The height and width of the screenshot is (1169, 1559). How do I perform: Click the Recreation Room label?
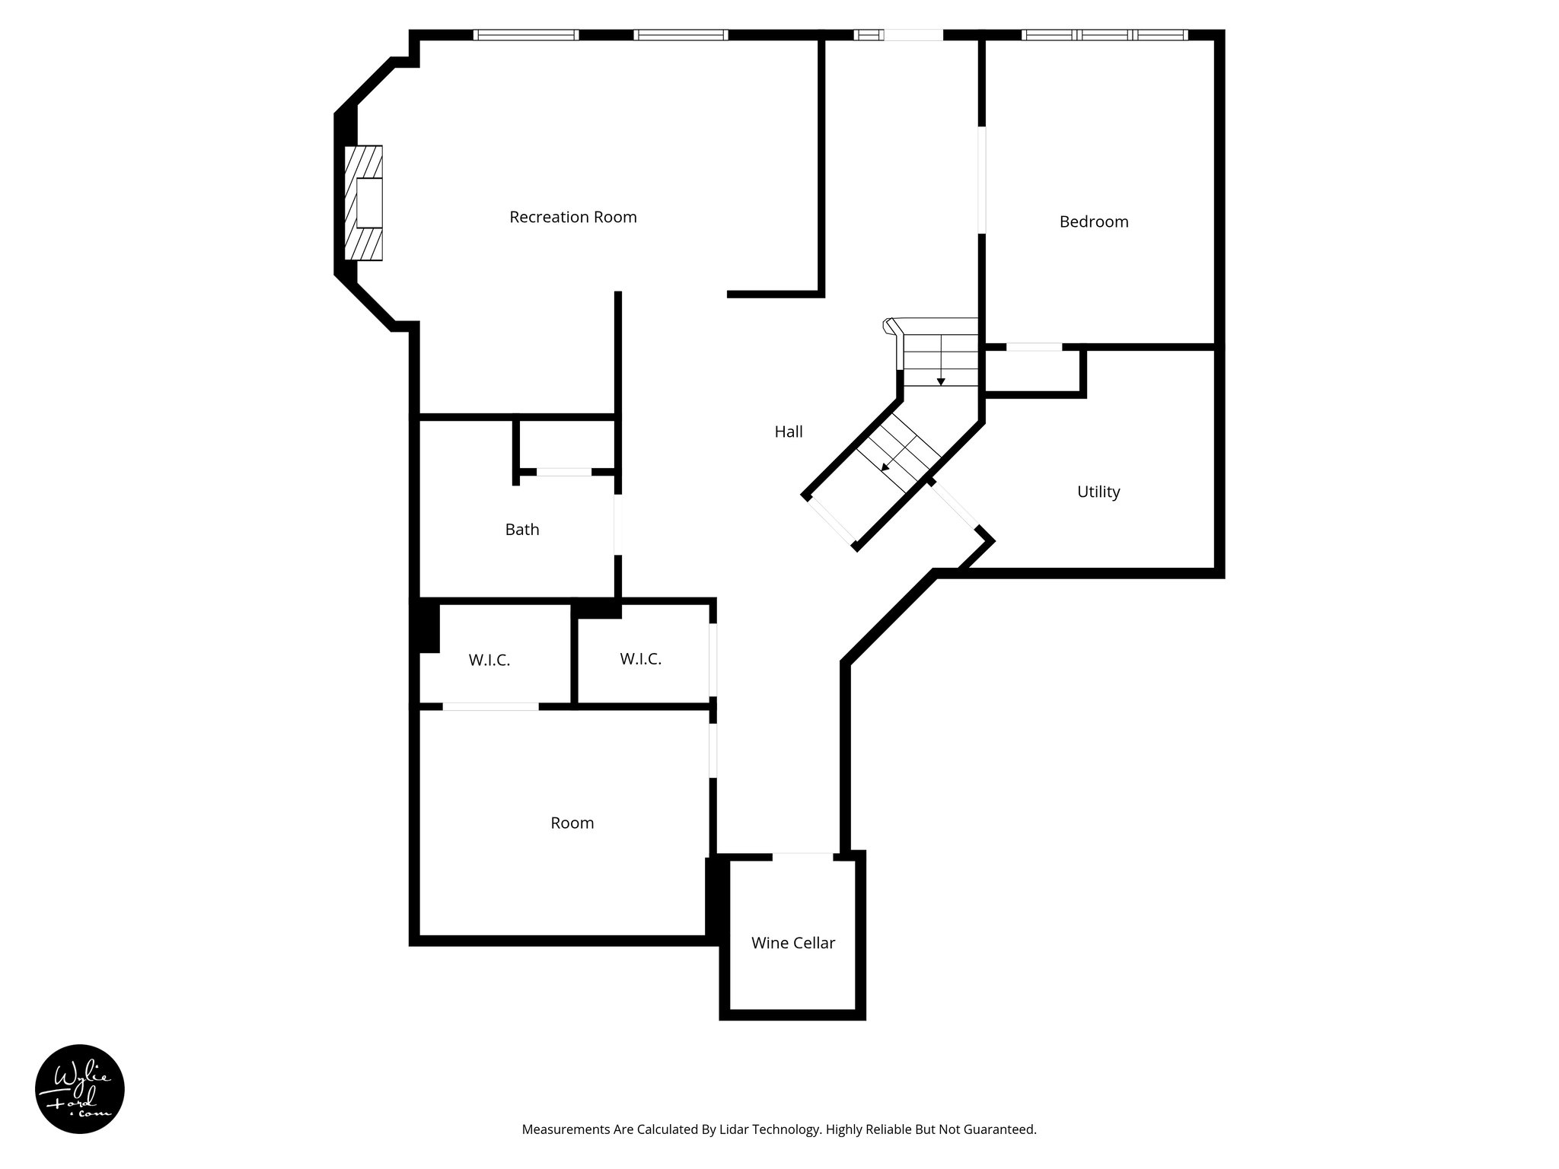572,217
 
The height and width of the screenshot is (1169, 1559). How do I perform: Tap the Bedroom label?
1093,221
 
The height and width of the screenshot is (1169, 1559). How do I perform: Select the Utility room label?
1098,492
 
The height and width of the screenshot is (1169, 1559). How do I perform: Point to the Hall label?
789,432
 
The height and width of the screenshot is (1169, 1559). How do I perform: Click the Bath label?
522,529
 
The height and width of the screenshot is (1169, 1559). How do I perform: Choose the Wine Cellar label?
792,943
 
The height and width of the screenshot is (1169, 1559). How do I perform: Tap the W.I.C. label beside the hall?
640,659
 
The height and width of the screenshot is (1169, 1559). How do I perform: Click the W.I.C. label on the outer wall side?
489,660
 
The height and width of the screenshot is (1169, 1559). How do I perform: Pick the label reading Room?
572,823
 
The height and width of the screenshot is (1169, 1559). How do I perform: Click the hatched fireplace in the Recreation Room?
364,203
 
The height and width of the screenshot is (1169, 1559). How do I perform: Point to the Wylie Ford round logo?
79,1089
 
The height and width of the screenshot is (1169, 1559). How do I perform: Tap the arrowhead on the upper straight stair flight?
941,381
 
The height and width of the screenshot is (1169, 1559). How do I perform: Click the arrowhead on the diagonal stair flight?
885,467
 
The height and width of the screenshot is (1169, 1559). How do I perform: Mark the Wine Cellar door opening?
802,857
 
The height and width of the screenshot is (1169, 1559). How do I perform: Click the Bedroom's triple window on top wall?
1104,35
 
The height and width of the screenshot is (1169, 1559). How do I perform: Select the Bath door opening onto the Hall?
618,524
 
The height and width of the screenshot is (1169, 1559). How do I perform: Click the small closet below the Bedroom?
1033,371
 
